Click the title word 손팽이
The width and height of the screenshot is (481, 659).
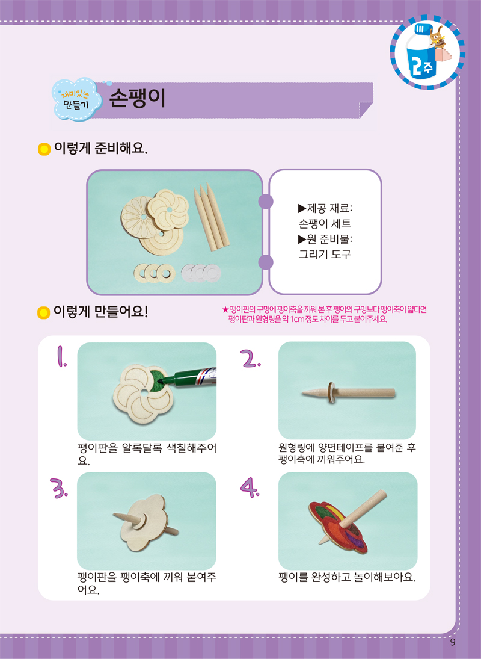(x=137, y=99)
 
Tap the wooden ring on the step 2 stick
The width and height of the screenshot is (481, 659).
(x=330, y=392)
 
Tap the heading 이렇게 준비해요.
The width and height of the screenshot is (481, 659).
(x=101, y=148)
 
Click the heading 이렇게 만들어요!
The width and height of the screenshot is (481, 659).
(x=101, y=312)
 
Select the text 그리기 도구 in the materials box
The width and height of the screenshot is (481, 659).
(x=325, y=255)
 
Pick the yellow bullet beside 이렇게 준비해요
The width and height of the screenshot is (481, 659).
(x=44, y=149)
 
